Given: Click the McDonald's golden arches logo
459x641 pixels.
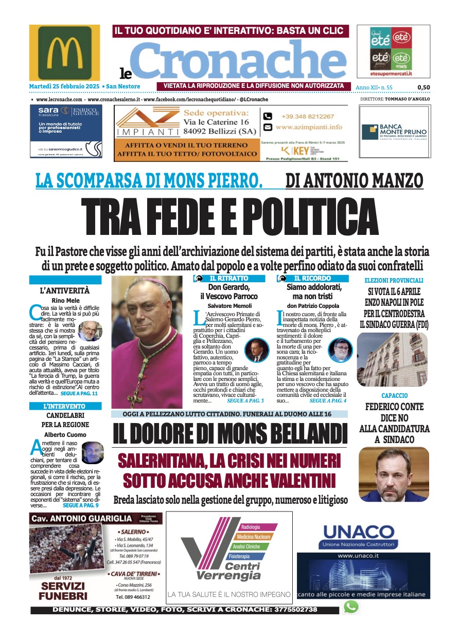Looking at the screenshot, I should click(65, 53).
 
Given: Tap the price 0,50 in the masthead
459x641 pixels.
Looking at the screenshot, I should click(424, 87).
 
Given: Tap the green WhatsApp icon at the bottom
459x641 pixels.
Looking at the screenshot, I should click(351, 607).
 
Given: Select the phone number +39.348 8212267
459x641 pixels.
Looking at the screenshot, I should click(307, 117).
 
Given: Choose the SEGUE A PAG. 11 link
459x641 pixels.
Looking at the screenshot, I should click(79, 393).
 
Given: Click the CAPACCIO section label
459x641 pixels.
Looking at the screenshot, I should click(395, 396).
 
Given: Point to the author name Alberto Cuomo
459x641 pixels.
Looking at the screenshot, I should click(64, 435).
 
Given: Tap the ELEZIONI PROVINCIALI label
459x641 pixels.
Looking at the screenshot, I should click(394, 281).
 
